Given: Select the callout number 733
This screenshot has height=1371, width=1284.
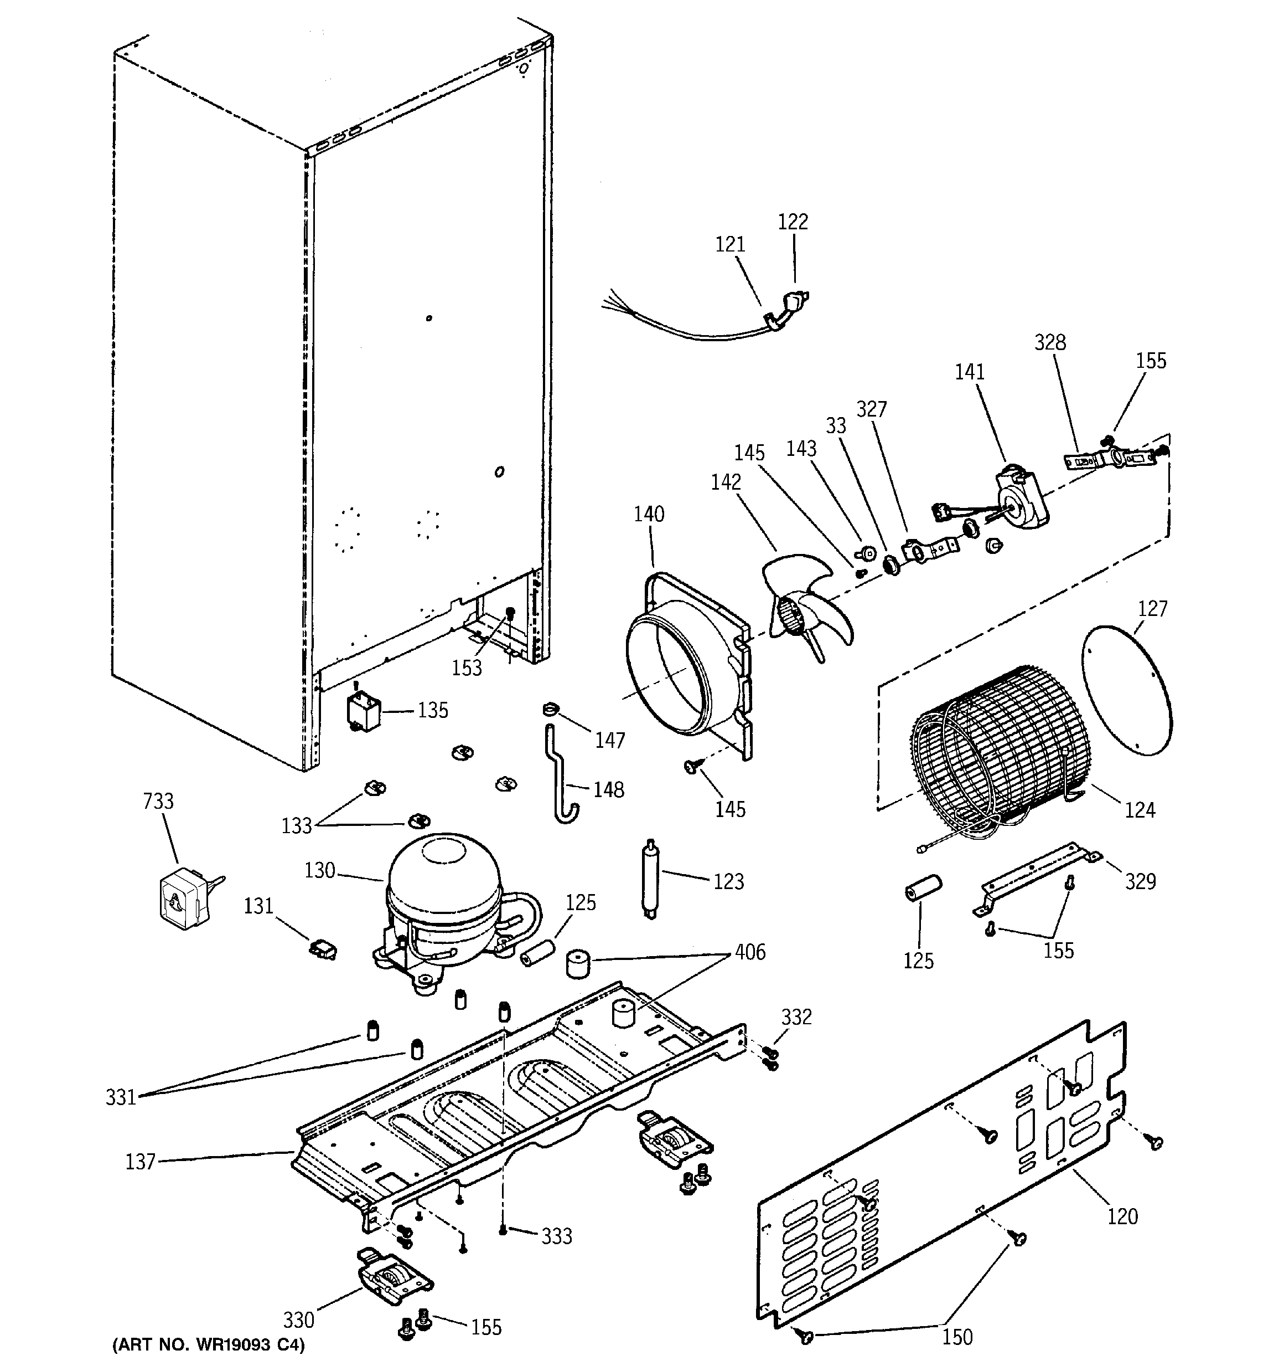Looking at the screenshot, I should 158,802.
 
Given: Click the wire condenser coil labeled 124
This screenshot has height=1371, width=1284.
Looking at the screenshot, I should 1000,752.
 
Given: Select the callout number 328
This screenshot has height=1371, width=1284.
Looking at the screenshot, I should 1050,342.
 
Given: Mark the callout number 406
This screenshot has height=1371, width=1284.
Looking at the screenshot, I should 750,952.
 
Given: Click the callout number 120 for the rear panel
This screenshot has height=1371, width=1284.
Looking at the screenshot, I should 1122,1216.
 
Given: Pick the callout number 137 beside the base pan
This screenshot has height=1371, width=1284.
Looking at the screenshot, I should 140,1162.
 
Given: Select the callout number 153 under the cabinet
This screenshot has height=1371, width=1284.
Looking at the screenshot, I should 467,667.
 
